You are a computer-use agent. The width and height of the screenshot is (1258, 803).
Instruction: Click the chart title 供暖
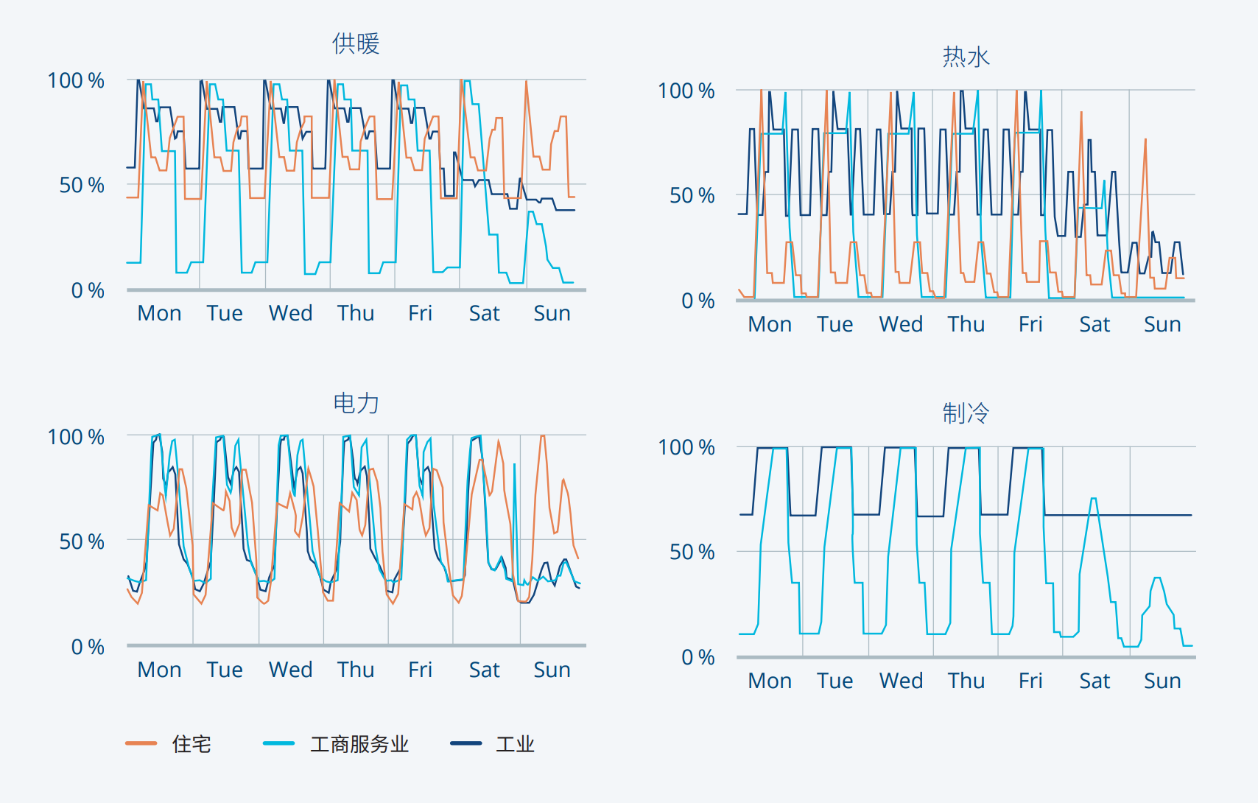click(x=356, y=43)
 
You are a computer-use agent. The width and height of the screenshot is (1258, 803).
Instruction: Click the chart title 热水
click(x=966, y=57)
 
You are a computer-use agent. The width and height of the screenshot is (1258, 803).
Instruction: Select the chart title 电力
click(x=356, y=403)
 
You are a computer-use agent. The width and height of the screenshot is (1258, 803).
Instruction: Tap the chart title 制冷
click(x=966, y=413)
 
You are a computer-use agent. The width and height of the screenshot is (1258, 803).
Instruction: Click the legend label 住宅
click(x=191, y=744)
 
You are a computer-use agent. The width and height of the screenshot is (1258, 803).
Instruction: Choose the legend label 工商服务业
click(x=359, y=744)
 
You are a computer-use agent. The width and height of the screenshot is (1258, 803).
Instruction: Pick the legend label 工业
click(x=515, y=744)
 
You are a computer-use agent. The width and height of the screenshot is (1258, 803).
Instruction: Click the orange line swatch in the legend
click(x=141, y=743)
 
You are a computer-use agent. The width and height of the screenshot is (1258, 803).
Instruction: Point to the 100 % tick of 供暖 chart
click(x=76, y=80)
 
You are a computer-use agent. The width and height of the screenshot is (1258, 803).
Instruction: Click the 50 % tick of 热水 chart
click(x=692, y=195)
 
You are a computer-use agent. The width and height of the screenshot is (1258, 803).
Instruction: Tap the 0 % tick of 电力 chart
click(x=88, y=647)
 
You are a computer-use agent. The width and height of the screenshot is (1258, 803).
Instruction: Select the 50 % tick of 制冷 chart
click(x=692, y=552)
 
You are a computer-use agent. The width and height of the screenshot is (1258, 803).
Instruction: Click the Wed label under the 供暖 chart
click(x=290, y=313)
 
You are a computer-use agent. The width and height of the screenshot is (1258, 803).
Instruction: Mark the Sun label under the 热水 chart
click(x=1162, y=324)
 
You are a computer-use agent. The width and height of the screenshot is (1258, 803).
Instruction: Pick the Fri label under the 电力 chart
click(x=420, y=670)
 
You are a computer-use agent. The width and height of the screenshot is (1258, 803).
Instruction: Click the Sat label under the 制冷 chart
click(x=1094, y=681)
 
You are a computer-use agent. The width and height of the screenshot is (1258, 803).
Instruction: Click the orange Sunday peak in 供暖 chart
click(x=526, y=82)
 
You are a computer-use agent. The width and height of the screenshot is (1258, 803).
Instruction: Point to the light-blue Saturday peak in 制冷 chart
click(x=1094, y=499)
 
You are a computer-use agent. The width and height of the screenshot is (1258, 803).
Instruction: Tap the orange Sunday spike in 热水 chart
click(x=1145, y=139)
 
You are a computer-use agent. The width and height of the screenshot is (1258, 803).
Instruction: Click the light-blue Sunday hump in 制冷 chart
click(x=1157, y=578)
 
